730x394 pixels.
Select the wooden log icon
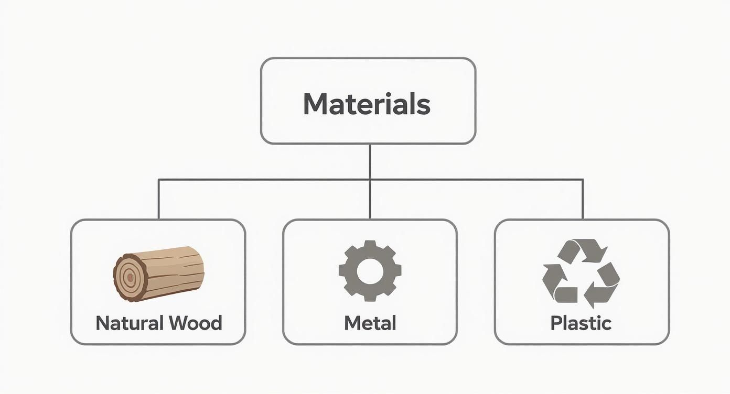pyautogui.click(x=158, y=273)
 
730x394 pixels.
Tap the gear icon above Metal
pyautogui.click(x=370, y=270)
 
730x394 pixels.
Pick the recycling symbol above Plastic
pyautogui.click(x=581, y=273)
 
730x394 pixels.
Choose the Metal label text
pyautogui.click(x=370, y=323)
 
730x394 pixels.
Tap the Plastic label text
pyautogui.click(x=581, y=323)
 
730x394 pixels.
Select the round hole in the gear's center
pyautogui.click(x=370, y=270)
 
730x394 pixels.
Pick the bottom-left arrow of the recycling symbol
pyautogui.click(x=557, y=286)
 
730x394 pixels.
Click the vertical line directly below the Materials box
pyautogui.click(x=370, y=161)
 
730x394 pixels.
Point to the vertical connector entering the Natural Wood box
pyautogui.click(x=159, y=200)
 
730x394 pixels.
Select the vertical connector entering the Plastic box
pyautogui.click(x=583, y=200)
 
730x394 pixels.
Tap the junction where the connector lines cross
pyautogui.click(x=370, y=180)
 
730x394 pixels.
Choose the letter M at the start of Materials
pyautogui.click(x=313, y=104)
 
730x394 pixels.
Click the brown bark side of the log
pyautogui.click(x=173, y=270)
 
